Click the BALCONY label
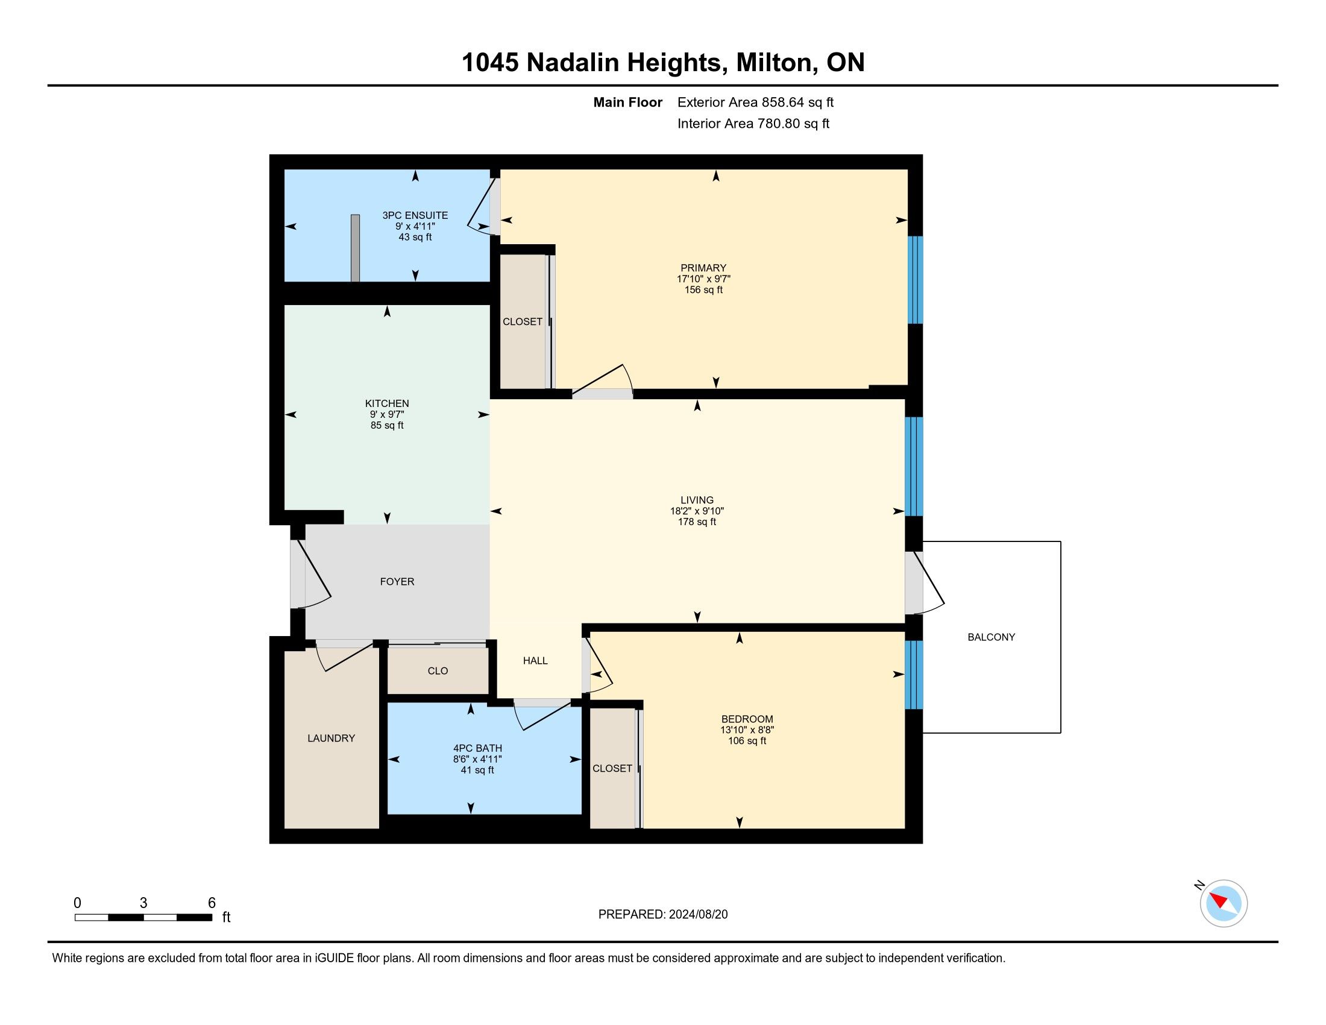pyautogui.click(x=991, y=637)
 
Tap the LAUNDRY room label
pyautogui.click(x=331, y=738)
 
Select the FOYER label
pyautogui.click(x=397, y=581)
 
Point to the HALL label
pyautogui.click(x=535, y=660)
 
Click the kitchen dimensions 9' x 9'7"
pyautogui.click(x=388, y=414)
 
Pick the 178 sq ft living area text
pyautogui.click(x=697, y=522)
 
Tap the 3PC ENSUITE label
pyautogui.click(x=415, y=215)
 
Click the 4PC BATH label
pyautogui.click(x=478, y=748)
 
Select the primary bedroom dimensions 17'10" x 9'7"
pyautogui.click(x=703, y=279)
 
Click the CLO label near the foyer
pyautogui.click(x=438, y=670)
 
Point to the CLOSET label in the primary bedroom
pyautogui.click(x=522, y=321)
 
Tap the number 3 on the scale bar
pyautogui.click(x=143, y=903)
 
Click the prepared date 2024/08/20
pyautogui.click(x=698, y=914)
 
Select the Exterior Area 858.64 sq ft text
pyautogui.click(x=756, y=102)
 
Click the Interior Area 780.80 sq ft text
pyautogui.click(x=753, y=123)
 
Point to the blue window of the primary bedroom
pyautogui.click(x=915, y=279)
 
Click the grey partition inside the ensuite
pyautogui.click(x=355, y=248)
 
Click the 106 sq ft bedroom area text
pyautogui.click(x=747, y=740)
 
